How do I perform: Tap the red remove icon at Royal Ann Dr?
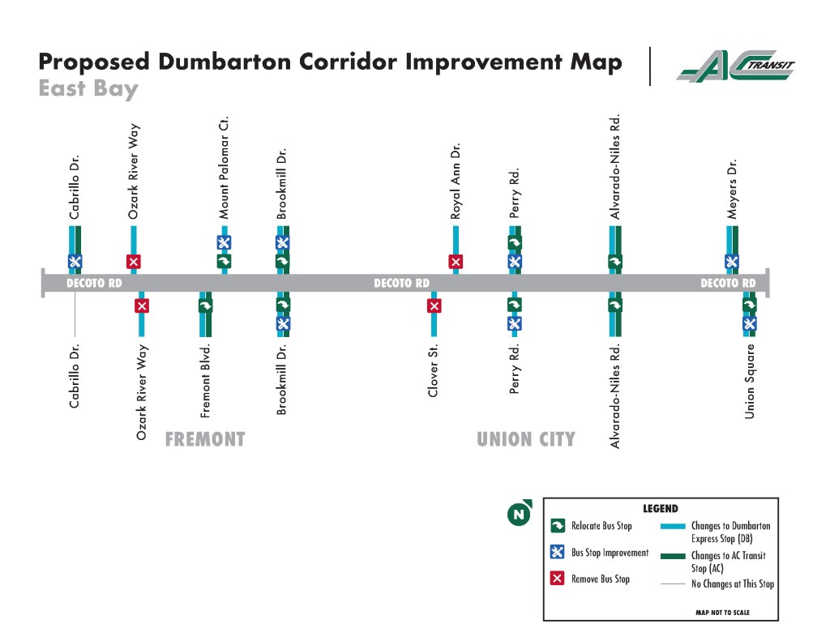tap(456, 261)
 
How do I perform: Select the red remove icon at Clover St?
tap(434, 306)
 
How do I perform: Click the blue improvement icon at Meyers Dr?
tap(731, 261)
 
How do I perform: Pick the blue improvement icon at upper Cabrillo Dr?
tap(75, 261)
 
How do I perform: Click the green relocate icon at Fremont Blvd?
tap(205, 306)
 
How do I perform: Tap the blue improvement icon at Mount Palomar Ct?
tap(224, 242)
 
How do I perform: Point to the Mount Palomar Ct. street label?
tap(225, 168)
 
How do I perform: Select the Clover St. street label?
tap(434, 370)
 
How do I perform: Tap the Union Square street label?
tap(750, 382)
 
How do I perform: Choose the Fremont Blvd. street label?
tap(205, 381)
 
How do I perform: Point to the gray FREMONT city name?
tap(205, 440)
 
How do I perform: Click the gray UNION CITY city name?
tap(526, 440)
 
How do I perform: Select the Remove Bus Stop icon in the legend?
tap(558, 579)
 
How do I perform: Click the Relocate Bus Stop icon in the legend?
tap(558, 526)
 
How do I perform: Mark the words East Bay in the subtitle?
tap(88, 88)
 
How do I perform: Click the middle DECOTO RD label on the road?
tap(401, 284)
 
